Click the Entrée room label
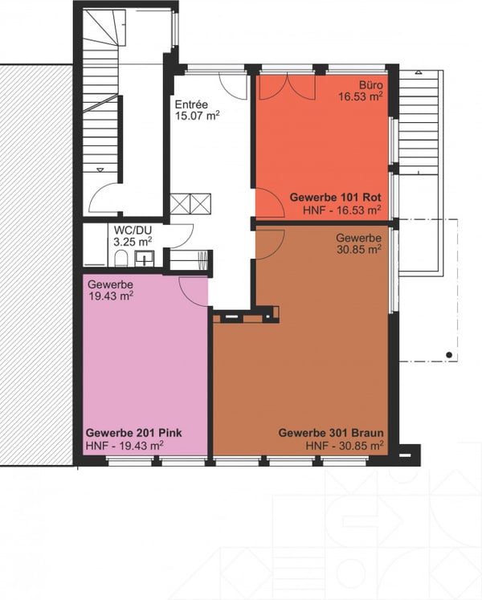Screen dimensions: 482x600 [x=191, y=104]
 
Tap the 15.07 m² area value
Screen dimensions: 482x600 [x=197, y=116]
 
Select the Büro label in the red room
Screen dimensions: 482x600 [x=370, y=85]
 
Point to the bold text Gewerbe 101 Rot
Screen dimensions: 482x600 [x=335, y=198]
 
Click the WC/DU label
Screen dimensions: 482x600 [x=133, y=231]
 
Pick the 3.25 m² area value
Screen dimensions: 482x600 [x=133, y=242]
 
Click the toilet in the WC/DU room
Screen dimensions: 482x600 [x=121, y=259]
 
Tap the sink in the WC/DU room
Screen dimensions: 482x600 [x=145, y=259]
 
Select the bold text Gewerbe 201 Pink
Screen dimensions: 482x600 [x=133, y=433]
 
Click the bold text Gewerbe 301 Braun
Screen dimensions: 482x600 [x=331, y=433]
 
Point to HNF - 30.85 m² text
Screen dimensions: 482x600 [x=345, y=446]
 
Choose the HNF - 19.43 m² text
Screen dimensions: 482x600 [x=125, y=446]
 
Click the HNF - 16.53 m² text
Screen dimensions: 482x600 [x=342, y=210]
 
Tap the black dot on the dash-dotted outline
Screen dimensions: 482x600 [x=449, y=355]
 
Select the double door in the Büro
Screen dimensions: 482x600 [x=288, y=88]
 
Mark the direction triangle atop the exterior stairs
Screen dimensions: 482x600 [x=419, y=72]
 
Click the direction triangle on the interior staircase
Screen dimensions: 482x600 [x=100, y=169]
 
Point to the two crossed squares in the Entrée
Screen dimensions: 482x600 [x=190, y=204]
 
